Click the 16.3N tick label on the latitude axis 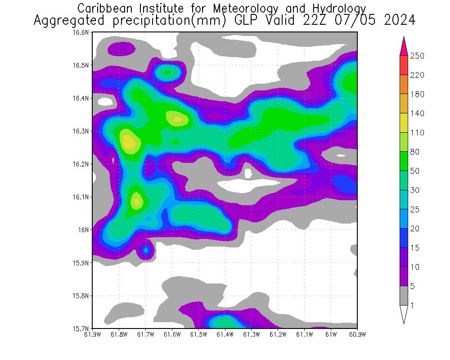click(82, 131)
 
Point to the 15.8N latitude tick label click(82, 296)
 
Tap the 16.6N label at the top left click(82, 32)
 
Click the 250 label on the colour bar click(417, 56)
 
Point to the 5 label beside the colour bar click(412, 286)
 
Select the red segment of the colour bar click(404, 65)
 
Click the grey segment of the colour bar click(404, 296)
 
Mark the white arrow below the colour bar click(404, 315)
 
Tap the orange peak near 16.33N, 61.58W click(177, 119)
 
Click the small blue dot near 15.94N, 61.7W click(145, 249)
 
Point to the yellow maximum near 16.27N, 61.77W click(129, 143)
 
